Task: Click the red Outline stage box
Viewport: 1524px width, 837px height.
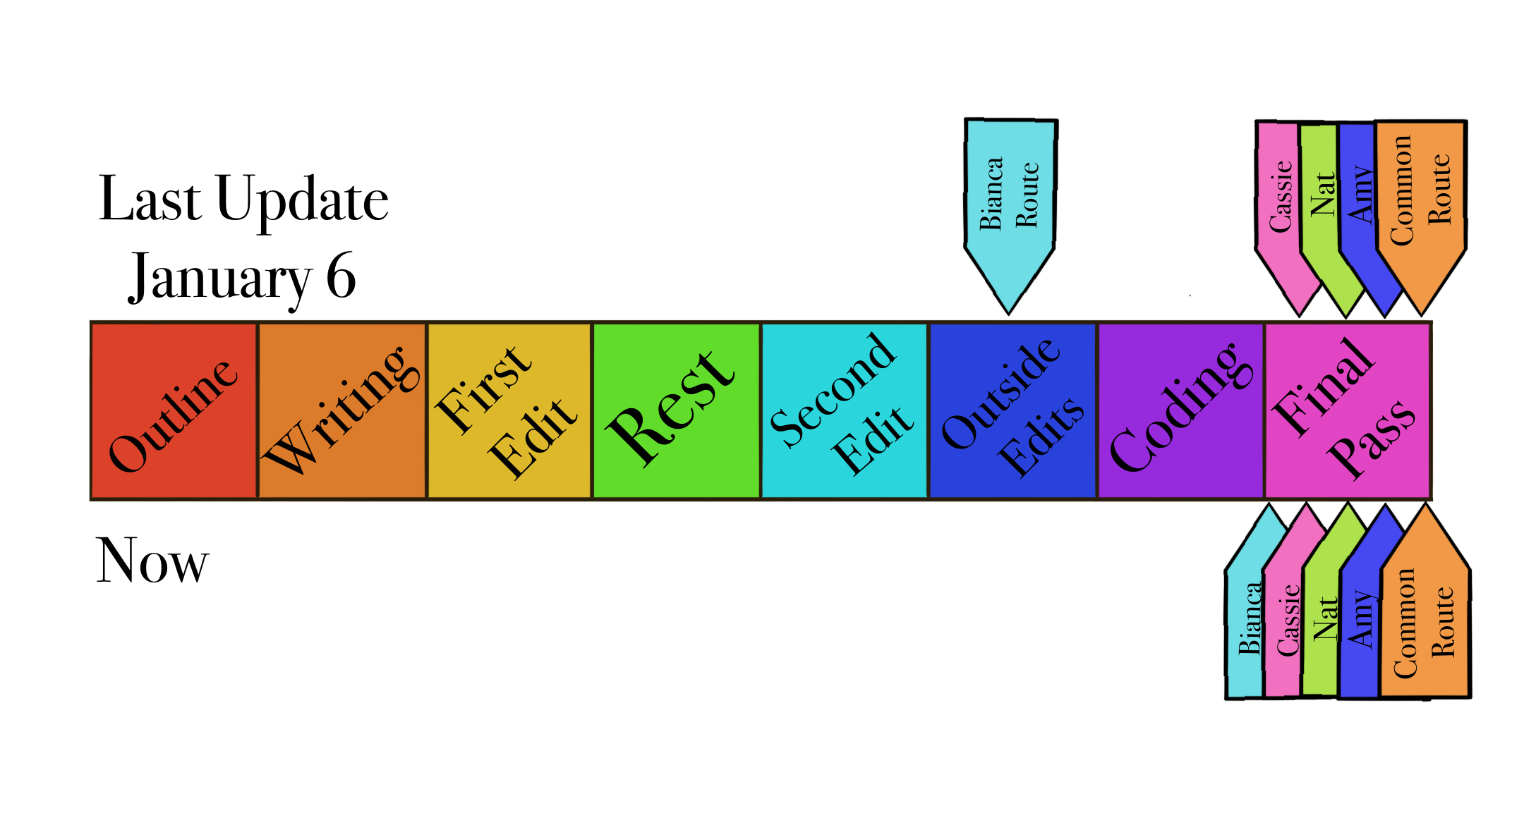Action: (174, 411)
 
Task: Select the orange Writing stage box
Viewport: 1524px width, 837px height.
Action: (342, 411)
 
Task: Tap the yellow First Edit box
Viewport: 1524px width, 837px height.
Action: (509, 411)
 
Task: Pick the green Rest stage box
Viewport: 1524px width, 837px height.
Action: (677, 411)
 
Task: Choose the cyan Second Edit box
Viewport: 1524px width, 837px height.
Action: (845, 411)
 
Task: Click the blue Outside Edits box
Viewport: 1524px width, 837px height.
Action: (1013, 411)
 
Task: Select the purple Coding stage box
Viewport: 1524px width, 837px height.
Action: (1181, 411)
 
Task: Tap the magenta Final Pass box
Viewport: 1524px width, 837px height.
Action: (1348, 411)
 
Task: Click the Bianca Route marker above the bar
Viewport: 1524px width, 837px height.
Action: (1010, 204)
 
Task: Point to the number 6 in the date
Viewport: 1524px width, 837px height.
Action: (341, 276)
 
